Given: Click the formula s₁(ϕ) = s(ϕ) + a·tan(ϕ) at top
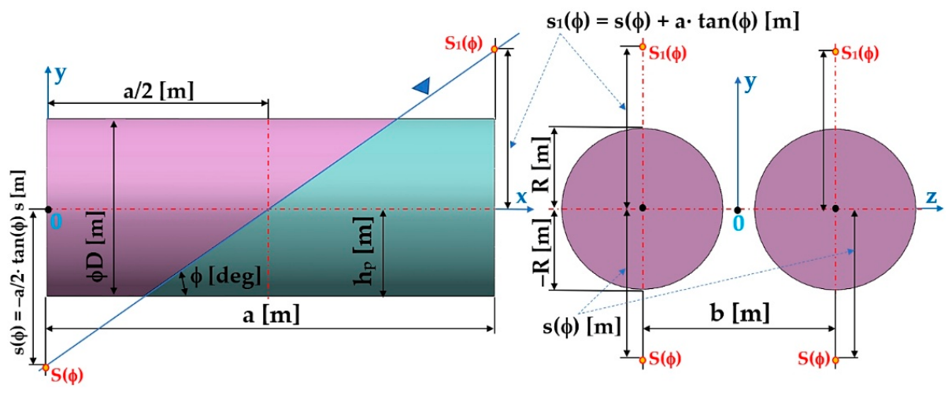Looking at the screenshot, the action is pyautogui.click(x=672, y=21).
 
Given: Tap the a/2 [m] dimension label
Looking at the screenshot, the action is pyautogui.click(x=158, y=90).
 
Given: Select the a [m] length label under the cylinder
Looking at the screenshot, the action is pyautogui.click(x=271, y=315).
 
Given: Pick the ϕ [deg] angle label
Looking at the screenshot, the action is pyautogui.click(x=225, y=277).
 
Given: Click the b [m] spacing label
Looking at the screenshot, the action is pyautogui.click(x=740, y=313).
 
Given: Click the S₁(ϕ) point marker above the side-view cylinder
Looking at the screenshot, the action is pyautogui.click(x=495, y=49).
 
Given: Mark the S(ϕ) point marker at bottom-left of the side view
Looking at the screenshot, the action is pyautogui.click(x=46, y=367).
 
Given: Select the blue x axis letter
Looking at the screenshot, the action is pyautogui.click(x=521, y=197).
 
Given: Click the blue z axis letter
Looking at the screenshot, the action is pyautogui.click(x=931, y=197).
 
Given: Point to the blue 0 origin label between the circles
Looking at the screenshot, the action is pyautogui.click(x=739, y=224).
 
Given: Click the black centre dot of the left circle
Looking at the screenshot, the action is pyautogui.click(x=643, y=208).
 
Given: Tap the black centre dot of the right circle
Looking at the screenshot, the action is pyautogui.click(x=835, y=208).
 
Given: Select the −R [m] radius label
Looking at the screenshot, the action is pyautogui.click(x=542, y=252).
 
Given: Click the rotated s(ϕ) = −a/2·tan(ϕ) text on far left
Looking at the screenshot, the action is pyautogui.click(x=19, y=262).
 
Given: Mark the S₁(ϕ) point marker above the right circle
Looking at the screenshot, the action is pyautogui.click(x=835, y=51).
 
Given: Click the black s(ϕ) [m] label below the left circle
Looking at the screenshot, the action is pyautogui.click(x=582, y=327).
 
